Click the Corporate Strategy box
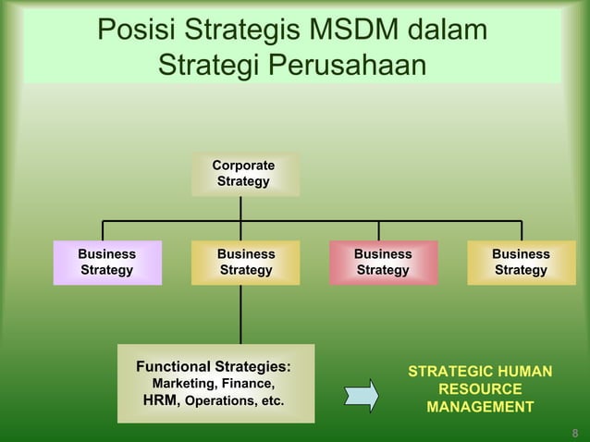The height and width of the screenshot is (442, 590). (x=244, y=174)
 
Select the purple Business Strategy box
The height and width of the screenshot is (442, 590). (x=106, y=262)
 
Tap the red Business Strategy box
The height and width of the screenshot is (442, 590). (x=382, y=262)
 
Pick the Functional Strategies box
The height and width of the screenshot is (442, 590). (x=215, y=383)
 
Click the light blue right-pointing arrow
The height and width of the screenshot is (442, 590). (x=362, y=395)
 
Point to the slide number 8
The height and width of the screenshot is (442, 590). (x=575, y=432)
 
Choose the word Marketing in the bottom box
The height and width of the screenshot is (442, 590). (x=183, y=384)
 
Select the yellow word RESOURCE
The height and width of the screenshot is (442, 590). (x=480, y=389)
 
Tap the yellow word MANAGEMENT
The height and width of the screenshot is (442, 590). (x=480, y=407)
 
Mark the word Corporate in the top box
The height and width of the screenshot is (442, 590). (x=243, y=166)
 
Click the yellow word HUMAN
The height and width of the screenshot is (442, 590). (x=522, y=372)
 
